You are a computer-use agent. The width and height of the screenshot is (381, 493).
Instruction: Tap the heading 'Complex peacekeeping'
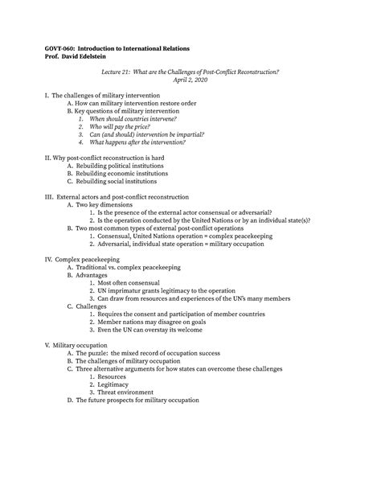point(86,259)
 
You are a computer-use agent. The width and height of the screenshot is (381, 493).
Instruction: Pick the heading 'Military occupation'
point(84,343)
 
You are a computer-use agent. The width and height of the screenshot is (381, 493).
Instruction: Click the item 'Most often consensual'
point(129,282)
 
